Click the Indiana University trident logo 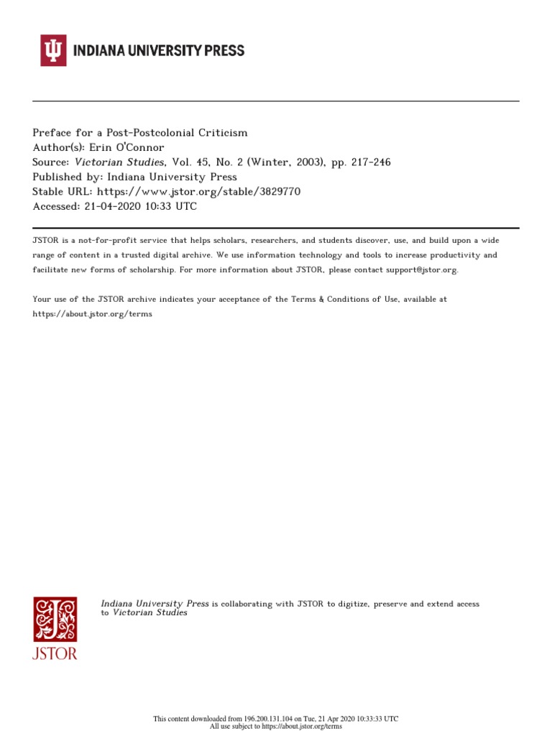point(53,51)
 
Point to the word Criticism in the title point(223,132)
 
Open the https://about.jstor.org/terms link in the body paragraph point(93,314)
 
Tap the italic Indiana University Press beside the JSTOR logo point(155,604)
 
